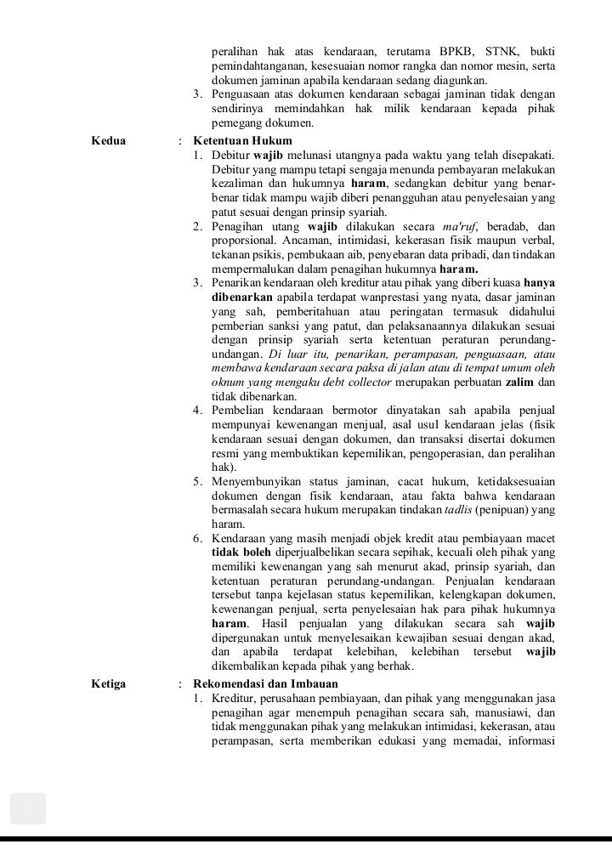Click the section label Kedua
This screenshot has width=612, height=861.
tap(108, 140)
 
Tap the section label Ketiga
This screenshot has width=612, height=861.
tap(108, 683)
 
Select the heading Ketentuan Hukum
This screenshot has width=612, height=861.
tap(242, 140)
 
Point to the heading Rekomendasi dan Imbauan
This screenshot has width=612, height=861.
tap(265, 683)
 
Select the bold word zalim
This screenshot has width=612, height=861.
tap(519, 382)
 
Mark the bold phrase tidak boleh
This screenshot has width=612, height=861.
tap(241, 551)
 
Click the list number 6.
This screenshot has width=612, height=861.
tap(196, 537)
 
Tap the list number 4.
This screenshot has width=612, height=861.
tap(196, 411)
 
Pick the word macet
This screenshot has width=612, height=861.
tap(540, 537)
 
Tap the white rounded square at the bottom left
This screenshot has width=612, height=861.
tap(28, 808)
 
